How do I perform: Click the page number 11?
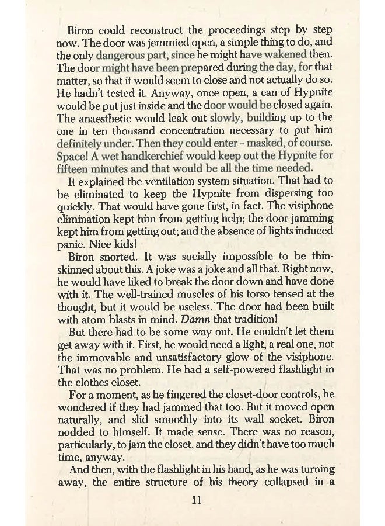point(197,501)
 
